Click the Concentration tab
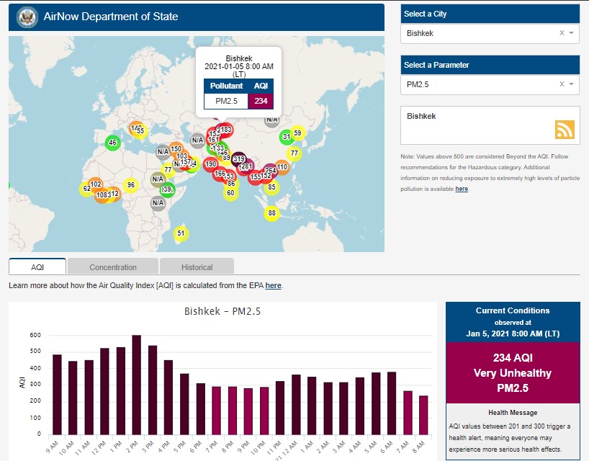113,267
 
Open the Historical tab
197,267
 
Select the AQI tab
37,267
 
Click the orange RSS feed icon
565,129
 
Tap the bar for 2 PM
137,385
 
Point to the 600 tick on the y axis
35,336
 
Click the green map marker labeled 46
112,143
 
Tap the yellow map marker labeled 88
271,213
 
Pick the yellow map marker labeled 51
181,233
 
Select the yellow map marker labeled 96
130,185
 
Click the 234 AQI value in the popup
261,101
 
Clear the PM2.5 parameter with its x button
562,84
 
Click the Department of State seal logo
27,16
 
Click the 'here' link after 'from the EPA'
273,286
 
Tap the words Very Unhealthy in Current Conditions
512,373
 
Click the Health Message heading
512,413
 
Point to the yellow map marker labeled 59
297,133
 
